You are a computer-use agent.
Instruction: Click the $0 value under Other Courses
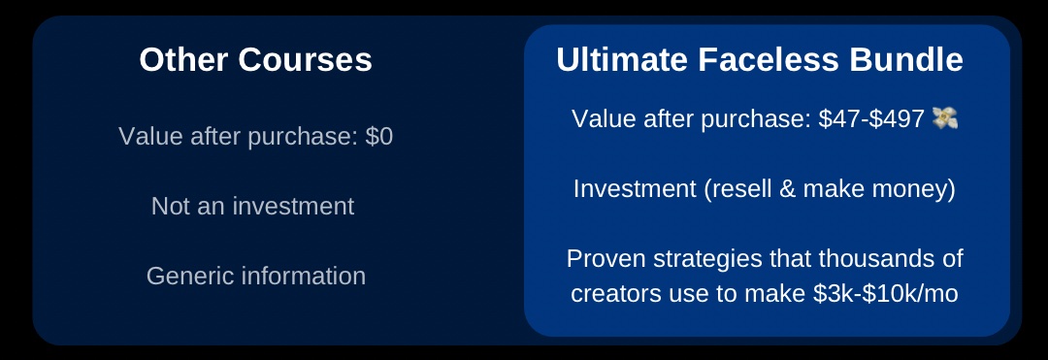point(379,137)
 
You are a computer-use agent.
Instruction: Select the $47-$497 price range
point(871,119)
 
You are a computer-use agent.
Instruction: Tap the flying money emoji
point(944,118)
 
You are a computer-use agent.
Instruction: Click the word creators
point(609,294)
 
